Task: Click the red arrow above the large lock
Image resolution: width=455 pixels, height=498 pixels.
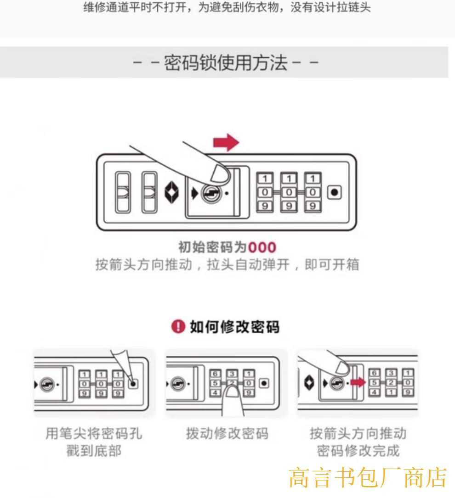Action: click(226, 143)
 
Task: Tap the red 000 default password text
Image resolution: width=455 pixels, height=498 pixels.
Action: click(262, 248)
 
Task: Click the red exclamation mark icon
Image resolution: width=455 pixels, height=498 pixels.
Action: click(177, 327)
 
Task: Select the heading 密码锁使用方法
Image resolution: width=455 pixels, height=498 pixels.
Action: click(226, 62)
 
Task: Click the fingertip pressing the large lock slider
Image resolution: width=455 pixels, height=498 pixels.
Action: click(219, 174)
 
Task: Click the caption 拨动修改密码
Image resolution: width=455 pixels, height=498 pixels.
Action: click(227, 434)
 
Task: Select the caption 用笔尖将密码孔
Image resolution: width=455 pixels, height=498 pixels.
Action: click(93, 434)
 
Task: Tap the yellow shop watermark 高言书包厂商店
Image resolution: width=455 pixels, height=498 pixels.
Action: click(368, 477)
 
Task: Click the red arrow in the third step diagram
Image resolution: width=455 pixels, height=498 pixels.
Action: click(357, 382)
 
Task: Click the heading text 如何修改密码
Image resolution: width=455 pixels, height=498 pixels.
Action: click(234, 327)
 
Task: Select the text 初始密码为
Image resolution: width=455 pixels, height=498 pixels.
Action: click(212, 248)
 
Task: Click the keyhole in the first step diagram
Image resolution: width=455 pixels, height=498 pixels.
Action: click(47, 383)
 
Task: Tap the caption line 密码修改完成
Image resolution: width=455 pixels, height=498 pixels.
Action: click(358, 451)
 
